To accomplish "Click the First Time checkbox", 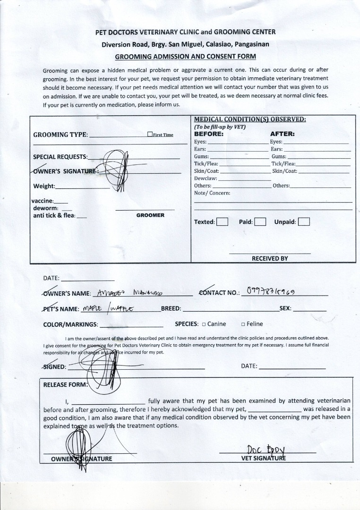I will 150,135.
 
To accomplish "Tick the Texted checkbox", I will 222,222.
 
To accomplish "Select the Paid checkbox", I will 260,222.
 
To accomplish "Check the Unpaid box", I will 304,222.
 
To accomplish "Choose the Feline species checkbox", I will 243,324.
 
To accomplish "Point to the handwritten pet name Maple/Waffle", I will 108,309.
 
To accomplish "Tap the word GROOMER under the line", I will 150,215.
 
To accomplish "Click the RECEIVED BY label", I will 270,259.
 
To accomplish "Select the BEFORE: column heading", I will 209,134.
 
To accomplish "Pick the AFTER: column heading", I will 282,134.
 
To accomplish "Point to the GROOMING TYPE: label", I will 60,135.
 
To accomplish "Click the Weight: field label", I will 44,186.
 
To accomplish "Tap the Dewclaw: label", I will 206,178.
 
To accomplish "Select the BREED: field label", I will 171,309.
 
